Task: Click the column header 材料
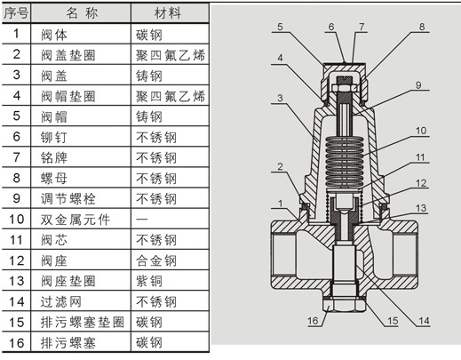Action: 167,13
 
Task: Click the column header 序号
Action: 16,13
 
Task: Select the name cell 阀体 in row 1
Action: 54,35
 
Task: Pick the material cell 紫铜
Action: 149,281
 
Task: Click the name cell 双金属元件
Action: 76,220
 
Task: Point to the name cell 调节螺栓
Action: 68,199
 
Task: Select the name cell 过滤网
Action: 60,301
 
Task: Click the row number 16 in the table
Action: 16,343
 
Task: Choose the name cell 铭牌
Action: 54,158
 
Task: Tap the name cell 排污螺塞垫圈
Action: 83,323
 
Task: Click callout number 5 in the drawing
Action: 280,27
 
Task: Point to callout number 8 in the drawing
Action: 422,27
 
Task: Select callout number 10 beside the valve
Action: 421,131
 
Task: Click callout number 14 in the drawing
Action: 424,321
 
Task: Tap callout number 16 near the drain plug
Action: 313,321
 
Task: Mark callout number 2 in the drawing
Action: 280,166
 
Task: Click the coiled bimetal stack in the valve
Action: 344,162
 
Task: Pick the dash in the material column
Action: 142,220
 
